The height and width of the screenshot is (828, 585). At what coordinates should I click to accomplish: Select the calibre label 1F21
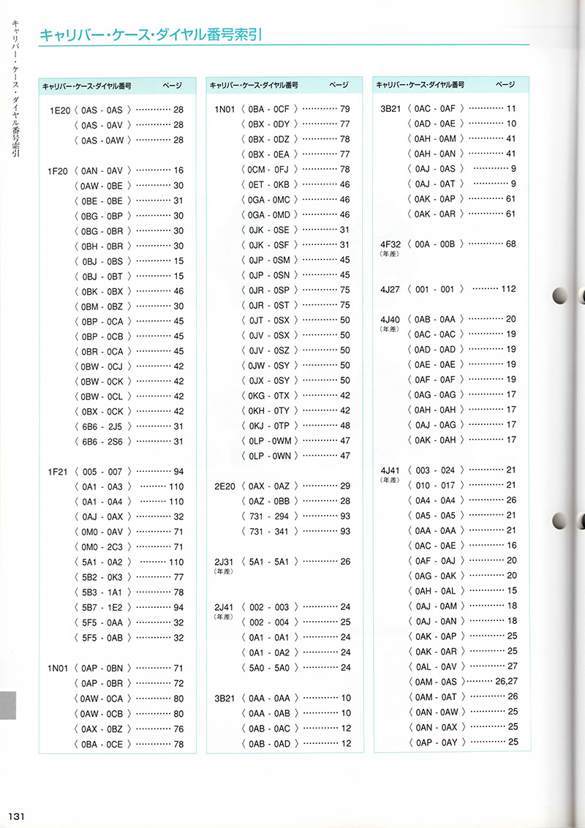(x=58, y=472)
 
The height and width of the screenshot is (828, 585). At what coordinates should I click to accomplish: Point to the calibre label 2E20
(x=224, y=486)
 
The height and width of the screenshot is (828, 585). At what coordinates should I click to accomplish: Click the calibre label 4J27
(x=390, y=289)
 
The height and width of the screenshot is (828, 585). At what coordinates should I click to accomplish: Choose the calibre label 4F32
(x=390, y=244)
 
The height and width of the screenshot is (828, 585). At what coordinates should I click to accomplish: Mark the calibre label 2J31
(x=224, y=562)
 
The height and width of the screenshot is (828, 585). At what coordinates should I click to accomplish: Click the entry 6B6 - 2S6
(x=102, y=442)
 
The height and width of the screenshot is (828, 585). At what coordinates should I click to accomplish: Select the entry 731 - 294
(x=269, y=516)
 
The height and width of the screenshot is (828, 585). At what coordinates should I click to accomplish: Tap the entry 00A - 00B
(x=435, y=244)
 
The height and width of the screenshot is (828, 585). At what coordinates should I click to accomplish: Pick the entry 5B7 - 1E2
(x=102, y=607)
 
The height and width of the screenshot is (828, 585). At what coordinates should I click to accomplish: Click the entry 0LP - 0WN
(x=269, y=456)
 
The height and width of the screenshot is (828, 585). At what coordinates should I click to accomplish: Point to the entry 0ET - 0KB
(x=269, y=184)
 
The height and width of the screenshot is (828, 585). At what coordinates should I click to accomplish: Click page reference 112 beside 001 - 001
(x=508, y=289)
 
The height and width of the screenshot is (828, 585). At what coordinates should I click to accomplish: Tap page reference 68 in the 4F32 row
(x=511, y=244)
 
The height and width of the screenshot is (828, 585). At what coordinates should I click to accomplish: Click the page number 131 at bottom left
(x=18, y=816)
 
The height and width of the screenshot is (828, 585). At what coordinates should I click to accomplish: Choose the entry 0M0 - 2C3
(x=102, y=547)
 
